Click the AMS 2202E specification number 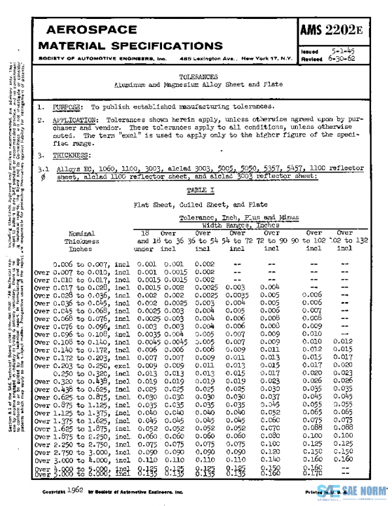point(341,29)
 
